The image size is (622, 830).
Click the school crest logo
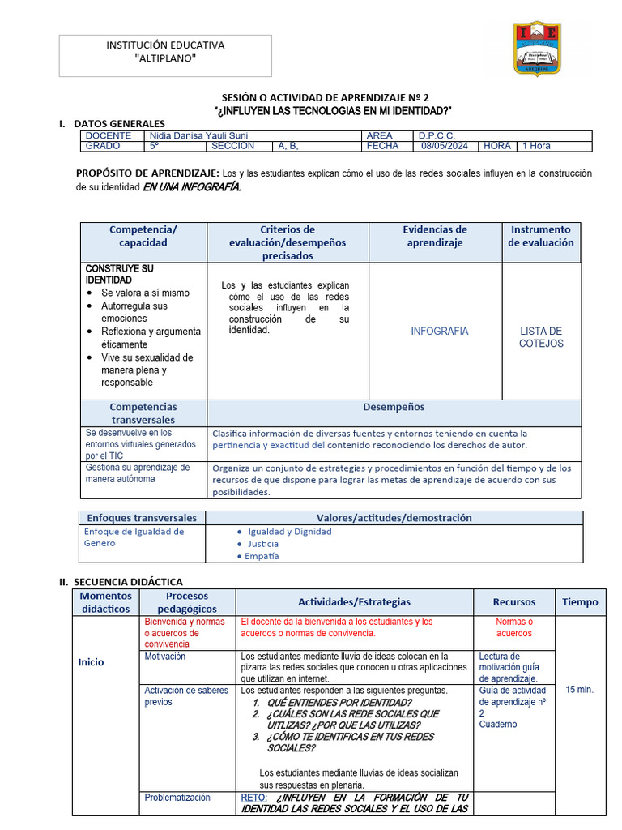(537, 49)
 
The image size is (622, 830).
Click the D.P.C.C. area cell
(437, 135)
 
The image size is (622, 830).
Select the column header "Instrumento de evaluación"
(540, 236)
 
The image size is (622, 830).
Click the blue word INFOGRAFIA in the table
(439, 332)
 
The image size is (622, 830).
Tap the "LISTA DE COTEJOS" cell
(541, 337)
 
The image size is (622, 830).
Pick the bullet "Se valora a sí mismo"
(145, 293)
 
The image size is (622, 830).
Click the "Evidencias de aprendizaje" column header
(435, 236)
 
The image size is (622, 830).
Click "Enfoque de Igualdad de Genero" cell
(134, 537)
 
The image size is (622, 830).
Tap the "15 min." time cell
(579, 689)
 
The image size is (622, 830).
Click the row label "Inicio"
(91, 662)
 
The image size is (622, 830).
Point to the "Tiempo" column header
(580, 602)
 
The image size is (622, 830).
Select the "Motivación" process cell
(165, 657)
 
